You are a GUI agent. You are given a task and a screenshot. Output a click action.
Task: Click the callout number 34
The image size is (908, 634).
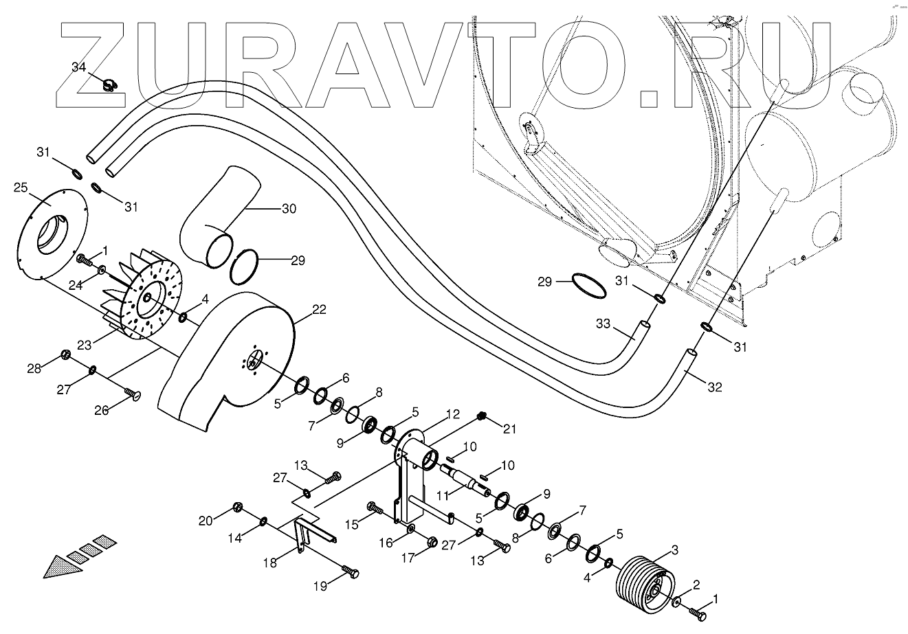tap(79, 67)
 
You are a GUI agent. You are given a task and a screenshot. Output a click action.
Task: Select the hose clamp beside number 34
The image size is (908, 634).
tap(109, 86)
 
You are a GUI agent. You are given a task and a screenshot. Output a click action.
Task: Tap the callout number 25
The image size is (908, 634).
tap(20, 187)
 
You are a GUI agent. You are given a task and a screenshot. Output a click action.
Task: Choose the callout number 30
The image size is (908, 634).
tap(289, 208)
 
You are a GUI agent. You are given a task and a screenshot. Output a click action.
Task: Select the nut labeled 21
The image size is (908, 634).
tap(481, 417)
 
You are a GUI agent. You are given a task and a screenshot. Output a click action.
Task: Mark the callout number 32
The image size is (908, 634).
tap(715, 387)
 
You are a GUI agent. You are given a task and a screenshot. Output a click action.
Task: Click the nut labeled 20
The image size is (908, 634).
tap(238, 508)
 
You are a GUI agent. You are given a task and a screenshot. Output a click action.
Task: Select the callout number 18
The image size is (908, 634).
tap(271, 563)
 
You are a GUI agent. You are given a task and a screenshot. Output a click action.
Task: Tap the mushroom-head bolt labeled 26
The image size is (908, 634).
tap(132, 394)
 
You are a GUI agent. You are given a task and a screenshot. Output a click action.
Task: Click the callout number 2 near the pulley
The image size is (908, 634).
tap(696, 585)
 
